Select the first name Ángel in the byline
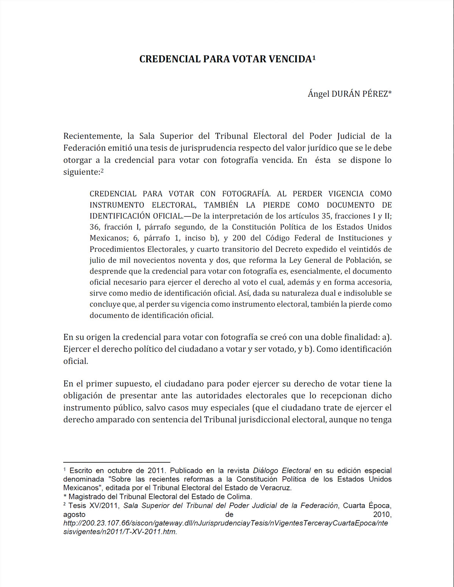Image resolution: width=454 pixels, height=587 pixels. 319,94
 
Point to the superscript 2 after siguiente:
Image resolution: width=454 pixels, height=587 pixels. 102,170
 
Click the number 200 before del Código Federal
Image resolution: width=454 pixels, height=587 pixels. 239,238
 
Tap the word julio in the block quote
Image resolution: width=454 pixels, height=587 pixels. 97,260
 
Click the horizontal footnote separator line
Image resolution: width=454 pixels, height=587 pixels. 117,462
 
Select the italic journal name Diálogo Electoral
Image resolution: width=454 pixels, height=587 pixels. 281,471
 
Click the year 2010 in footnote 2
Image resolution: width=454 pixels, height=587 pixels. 382,514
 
